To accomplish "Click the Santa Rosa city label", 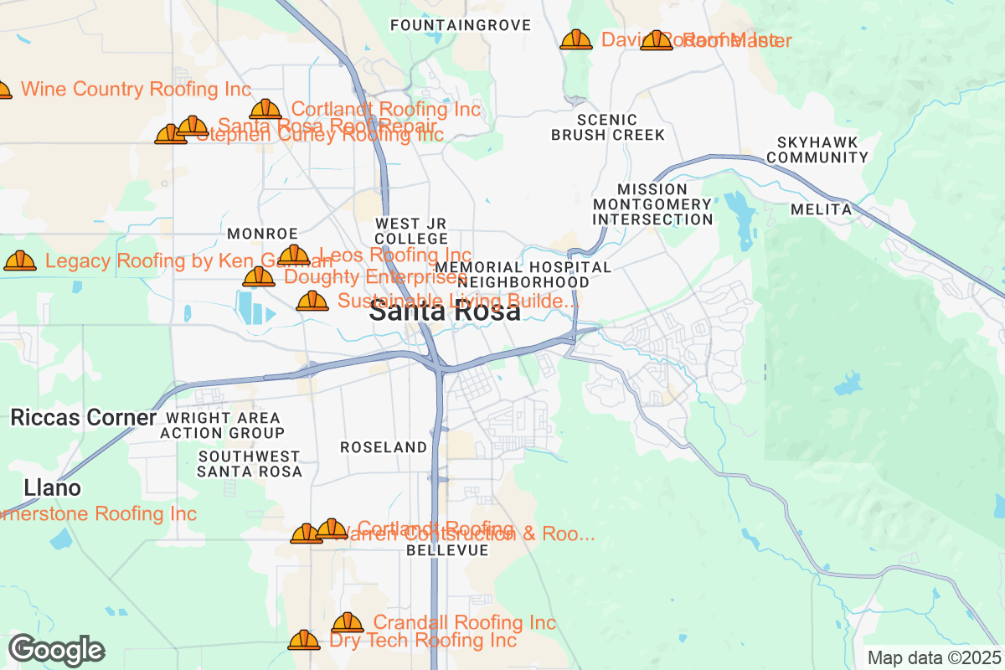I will [445, 312].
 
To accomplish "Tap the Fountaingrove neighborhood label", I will [461, 25].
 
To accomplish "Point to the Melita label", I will [821, 209].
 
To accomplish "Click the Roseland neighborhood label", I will [384, 447].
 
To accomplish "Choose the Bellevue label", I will [447, 550].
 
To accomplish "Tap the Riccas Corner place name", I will [84, 418].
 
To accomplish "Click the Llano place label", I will [53, 487].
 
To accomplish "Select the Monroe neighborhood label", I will [262, 233].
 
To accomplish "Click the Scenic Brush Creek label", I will [607, 127].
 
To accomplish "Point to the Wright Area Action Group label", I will [222, 425].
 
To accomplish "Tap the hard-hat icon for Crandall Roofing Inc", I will [347, 622].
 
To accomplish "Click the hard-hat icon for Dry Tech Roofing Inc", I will [303, 641].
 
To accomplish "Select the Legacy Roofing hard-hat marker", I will [20, 261].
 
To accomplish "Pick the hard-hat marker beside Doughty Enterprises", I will [258, 276].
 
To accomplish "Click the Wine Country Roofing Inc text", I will [136, 89].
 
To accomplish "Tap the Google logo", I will [56, 650].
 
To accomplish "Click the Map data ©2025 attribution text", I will [934, 657].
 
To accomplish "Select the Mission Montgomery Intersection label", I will [652, 204].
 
